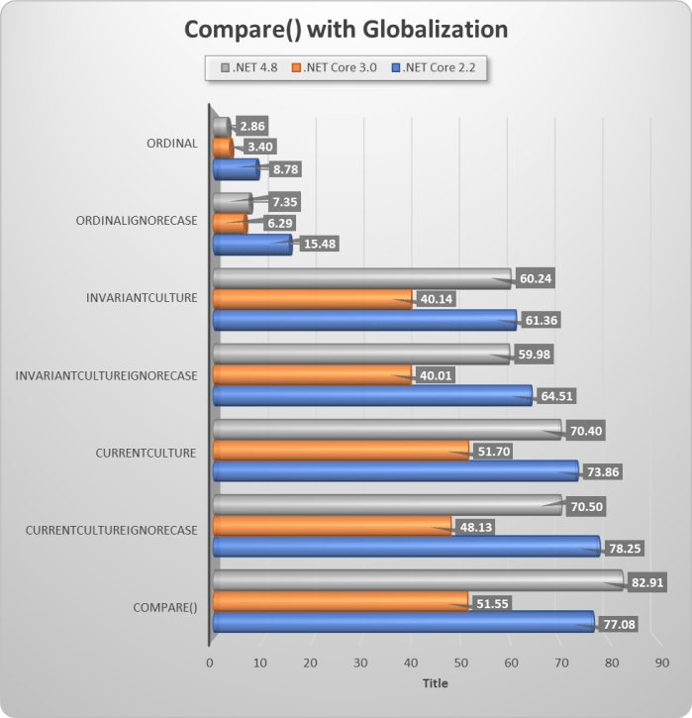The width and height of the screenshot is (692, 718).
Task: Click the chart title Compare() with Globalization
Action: (346, 30)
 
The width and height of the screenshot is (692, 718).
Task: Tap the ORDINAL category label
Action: (170, 143)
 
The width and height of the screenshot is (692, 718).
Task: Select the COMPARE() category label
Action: (164, 608)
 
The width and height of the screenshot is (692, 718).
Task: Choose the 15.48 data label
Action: (319, 245)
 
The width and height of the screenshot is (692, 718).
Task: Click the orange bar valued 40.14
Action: (312, 298)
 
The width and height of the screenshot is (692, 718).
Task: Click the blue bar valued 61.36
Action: (363, 319)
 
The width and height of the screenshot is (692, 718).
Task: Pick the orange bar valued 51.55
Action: (340, 600)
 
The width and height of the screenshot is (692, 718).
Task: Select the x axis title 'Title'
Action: (435, 683)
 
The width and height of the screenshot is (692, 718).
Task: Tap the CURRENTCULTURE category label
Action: (147, 453)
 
